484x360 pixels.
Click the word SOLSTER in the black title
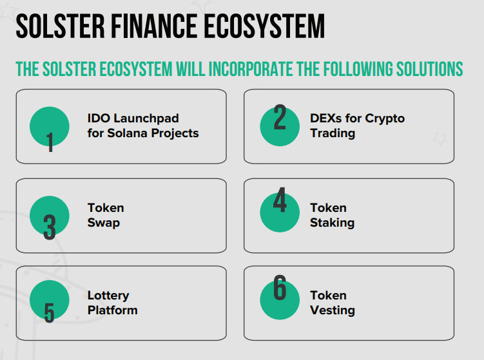(x=61, y=26)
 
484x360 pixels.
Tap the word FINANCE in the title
(x=154, y=26)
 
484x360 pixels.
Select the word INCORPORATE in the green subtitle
(x=251, y=69)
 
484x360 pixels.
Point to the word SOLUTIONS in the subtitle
(x=430, y=69)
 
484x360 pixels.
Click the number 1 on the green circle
(x=50, y=142)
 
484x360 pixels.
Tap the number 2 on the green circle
(x=280, y=117)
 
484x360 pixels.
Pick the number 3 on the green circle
(x=50, y=227)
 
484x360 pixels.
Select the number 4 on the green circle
(x=280, y=200)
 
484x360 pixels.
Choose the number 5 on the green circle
(x=49, y=313)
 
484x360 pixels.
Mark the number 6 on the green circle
(x=280, y=287)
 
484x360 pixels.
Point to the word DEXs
(x=325, y=118)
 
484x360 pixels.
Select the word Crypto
(x=385, y=118)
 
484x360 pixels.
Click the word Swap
(x=103, y=223)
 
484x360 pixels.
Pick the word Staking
(x=332, y=223)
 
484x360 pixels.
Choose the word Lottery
(x=108, y=296)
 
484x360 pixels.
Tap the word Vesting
(x=333, y=310)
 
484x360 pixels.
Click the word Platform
(x=113, y=310)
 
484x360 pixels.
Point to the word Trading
(x=333, y=133)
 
